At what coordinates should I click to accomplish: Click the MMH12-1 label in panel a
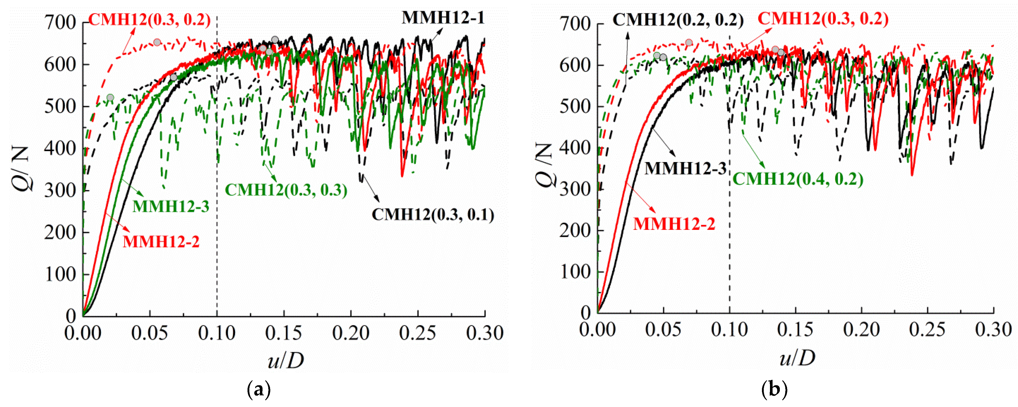pyautogui.click(x=443, y=18)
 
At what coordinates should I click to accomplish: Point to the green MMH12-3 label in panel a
pyautogui.click(x=171, y=206)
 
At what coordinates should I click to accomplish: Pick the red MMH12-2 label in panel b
pyautogui.click(x=674, y=224)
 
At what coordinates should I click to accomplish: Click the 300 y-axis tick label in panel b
pyautogui.click(x=575, y=189)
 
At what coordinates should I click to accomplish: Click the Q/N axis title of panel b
pyautogui.click(x=544, y=166)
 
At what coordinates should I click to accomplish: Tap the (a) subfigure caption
pyautogui.click(x=259, y=390)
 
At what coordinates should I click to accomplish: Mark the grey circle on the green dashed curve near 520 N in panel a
pyautogui.click(x=110, y=98)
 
